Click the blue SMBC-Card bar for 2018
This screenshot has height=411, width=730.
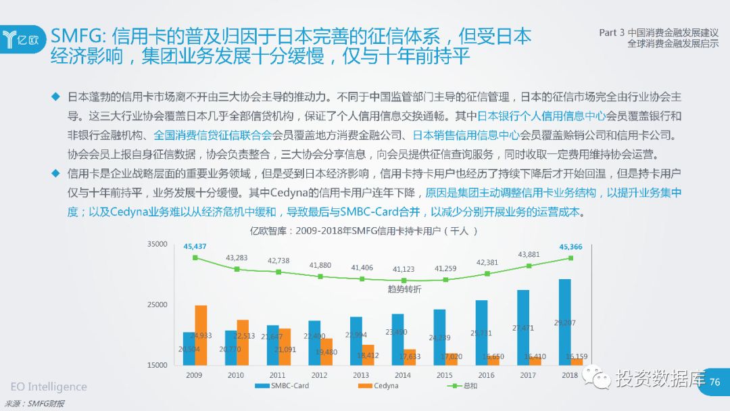pos(564,322)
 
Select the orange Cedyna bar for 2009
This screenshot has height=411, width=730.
pos(201,335)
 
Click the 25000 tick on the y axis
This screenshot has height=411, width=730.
pos(157,305)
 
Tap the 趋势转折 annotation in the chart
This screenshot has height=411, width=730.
pos(404,289)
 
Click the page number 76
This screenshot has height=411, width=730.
pos(714,382)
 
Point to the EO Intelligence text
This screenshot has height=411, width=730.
pos(49,387)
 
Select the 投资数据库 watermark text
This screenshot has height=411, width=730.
pos(660,379)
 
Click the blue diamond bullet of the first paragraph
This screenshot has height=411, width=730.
pos(56,95)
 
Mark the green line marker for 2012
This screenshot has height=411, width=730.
pos(320,276)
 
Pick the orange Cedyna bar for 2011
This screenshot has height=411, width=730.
pos(285,347)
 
